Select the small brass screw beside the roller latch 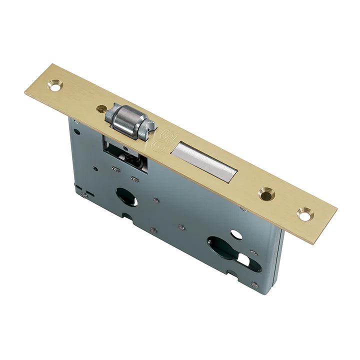(x=101, y=108)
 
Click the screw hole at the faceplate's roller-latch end (x=54, y=85)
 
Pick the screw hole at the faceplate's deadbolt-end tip (x=304, y=213)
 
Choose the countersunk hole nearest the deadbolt (x=265, y=193)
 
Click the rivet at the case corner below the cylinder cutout (x=255, y=285)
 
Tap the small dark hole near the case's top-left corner (x=76, y=132)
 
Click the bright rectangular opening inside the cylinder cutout (x=244, y=260)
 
